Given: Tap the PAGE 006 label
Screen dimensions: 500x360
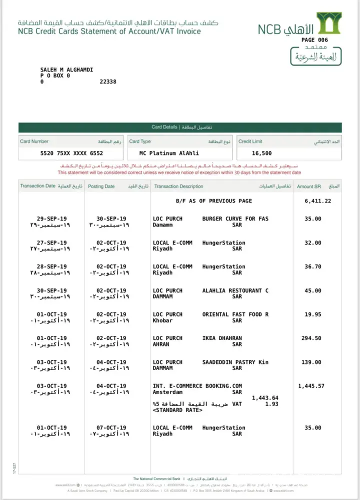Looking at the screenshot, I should (315, 40).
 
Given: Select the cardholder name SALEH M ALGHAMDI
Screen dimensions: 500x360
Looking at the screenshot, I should (66, 69).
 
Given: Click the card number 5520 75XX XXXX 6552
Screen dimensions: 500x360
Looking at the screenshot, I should (71, 153).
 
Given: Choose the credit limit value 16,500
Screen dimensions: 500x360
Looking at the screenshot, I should (262, 153).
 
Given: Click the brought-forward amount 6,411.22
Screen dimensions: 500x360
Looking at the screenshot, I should (317, 201).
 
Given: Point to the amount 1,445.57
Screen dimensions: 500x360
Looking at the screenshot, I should (311, 386).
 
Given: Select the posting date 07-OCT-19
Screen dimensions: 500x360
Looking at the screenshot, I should (111, 428).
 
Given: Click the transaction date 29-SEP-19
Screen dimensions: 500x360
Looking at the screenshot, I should (52, 219).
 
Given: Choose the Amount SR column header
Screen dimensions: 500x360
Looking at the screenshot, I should (308, 186).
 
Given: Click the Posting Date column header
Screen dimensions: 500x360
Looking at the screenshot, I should (101, 186).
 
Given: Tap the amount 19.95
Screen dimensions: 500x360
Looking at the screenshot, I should (313, 314).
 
